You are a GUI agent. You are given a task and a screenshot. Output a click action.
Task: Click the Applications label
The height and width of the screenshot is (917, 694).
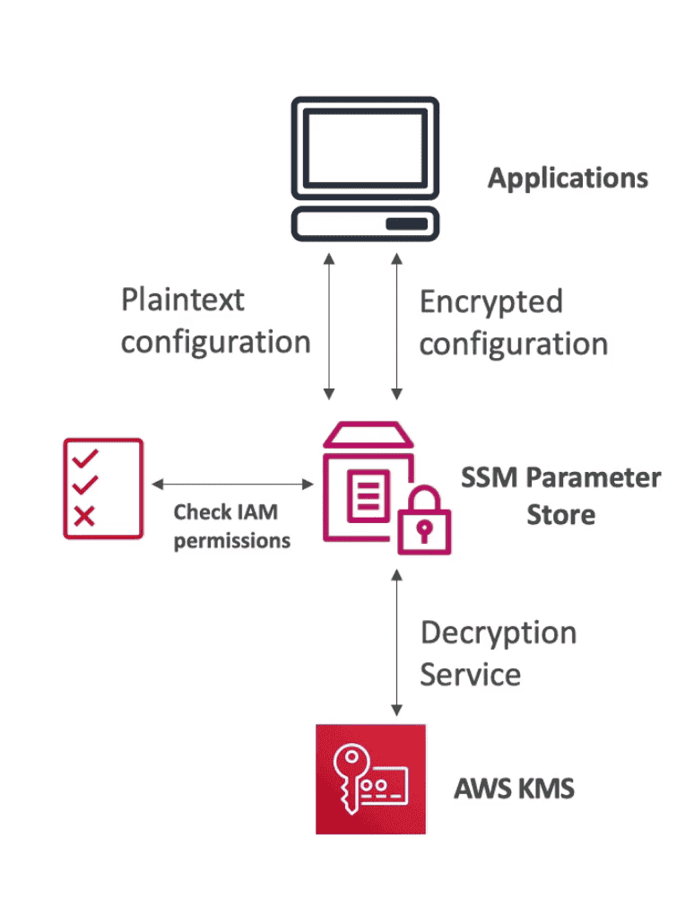point(568,178)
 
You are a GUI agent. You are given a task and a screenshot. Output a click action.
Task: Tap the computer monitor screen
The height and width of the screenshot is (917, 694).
point(365,148)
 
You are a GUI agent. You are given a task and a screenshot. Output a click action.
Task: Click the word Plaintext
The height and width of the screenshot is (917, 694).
point(183,300)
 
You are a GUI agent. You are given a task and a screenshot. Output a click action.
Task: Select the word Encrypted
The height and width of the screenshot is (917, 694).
point(490,301)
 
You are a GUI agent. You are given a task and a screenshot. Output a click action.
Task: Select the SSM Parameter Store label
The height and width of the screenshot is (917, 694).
point(560,495)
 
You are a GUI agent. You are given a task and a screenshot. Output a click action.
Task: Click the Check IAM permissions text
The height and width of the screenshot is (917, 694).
point(231,526)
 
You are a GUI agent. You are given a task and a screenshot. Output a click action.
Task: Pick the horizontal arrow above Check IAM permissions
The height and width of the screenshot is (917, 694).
point(233,485)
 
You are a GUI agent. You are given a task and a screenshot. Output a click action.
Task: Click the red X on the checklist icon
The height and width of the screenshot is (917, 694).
point(84,515)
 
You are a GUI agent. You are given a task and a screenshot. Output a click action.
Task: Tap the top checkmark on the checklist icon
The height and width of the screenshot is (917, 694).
point(85,458)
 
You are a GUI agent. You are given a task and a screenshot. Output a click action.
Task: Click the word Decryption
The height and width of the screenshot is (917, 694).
point(499,633)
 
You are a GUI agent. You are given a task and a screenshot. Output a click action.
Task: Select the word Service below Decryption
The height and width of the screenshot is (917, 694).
point(470,674)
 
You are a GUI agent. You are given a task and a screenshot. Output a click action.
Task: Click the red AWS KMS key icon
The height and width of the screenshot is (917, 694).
point(370,779)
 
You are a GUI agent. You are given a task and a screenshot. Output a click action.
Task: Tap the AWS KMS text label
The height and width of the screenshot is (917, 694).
point(514,790)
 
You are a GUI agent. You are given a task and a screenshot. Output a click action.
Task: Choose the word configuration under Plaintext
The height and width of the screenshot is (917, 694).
point(216,342)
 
